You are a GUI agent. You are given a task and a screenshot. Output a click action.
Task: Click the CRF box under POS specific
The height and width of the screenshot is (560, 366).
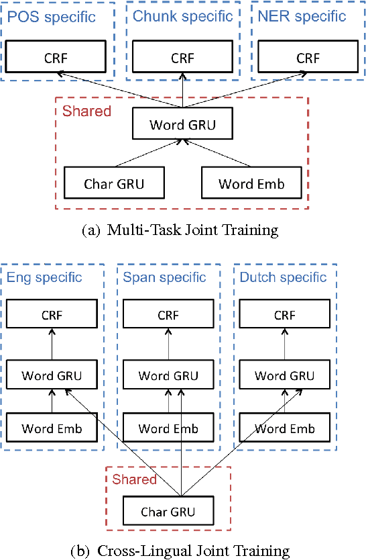(x=52, y=58)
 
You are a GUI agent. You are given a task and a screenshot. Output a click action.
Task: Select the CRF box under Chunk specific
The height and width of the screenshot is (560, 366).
(x=182, y=58)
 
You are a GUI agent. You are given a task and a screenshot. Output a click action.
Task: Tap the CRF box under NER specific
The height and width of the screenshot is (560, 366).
(x=308, y=58)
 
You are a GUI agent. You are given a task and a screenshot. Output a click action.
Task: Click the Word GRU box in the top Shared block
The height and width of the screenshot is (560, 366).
(x=182, y=124)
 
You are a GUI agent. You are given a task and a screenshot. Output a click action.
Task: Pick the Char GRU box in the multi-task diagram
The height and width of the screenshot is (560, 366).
(x=114, y=183)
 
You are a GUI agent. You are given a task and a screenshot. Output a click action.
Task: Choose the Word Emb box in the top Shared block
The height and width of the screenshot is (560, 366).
(x=251, y=183)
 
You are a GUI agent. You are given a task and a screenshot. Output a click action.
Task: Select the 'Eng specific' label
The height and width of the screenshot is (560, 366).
(x=44, y=277)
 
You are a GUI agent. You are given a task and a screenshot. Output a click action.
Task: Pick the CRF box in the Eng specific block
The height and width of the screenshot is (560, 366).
(x=52, y=315)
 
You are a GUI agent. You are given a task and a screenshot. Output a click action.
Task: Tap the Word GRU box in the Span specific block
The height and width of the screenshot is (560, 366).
(x=168, y=375)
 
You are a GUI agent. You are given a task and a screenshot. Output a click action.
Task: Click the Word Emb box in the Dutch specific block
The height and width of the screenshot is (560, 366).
(x=285, y=428)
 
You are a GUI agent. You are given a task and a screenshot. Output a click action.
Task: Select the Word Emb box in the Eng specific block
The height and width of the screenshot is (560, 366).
(x=52, y=428)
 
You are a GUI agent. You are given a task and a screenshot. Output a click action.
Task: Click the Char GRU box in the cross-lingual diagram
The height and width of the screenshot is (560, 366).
(x=168, y=512)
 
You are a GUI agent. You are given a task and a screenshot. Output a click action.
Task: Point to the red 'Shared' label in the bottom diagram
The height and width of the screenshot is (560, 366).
(x=134, y=479)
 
